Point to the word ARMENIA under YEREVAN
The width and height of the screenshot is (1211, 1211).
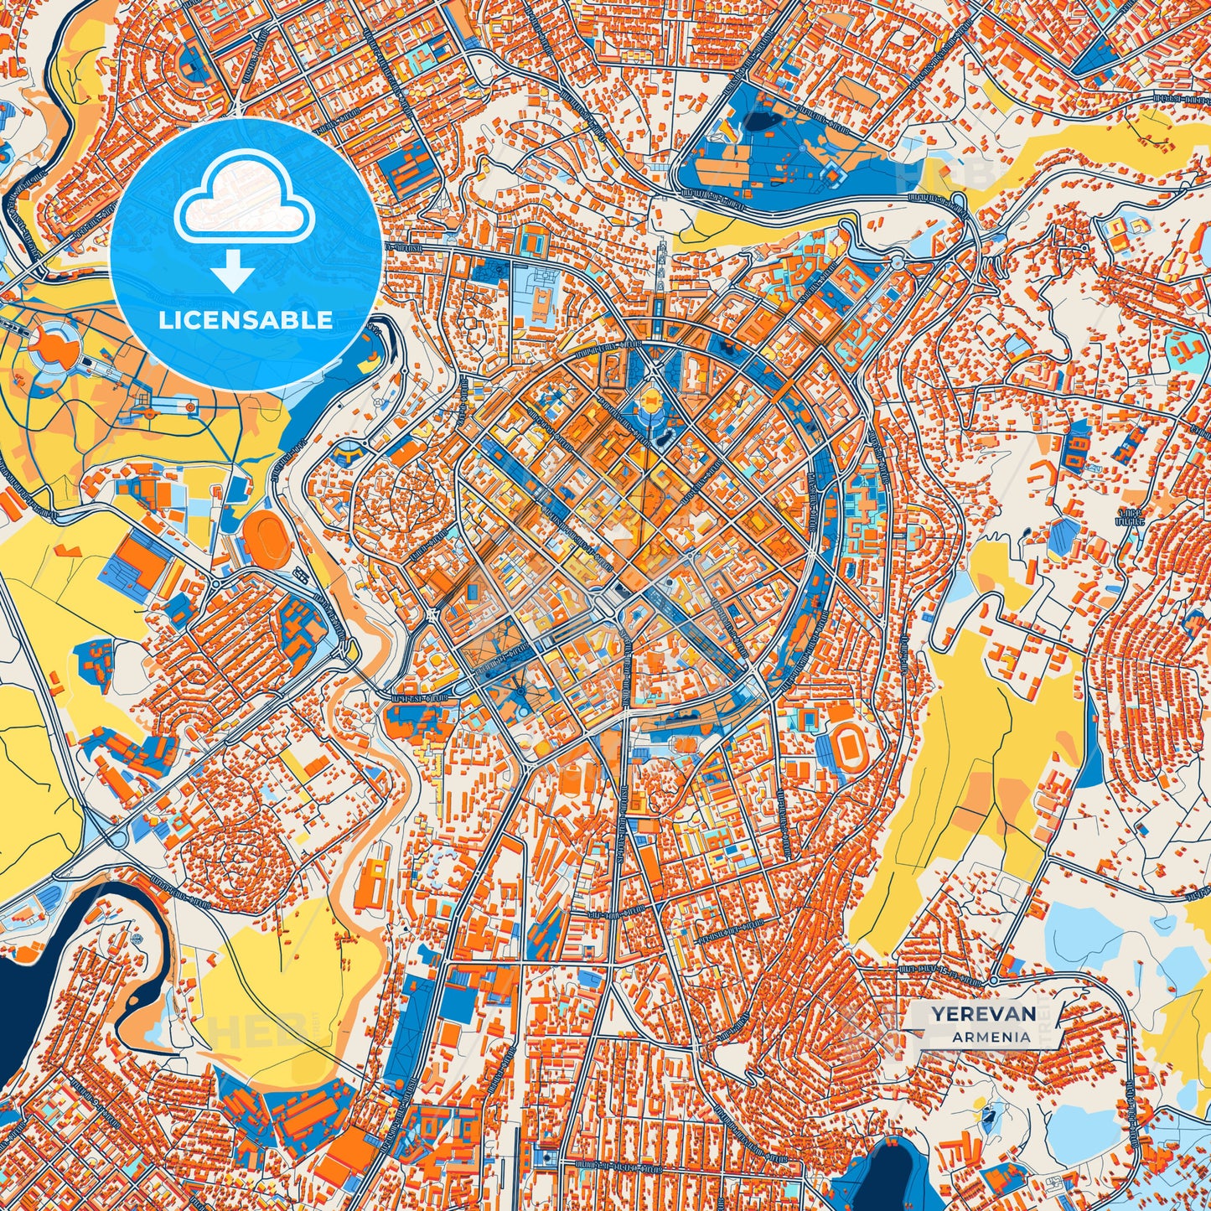(991, 1037)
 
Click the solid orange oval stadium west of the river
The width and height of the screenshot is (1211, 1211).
(266, 536)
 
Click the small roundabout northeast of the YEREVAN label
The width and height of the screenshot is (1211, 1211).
(992, 980)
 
